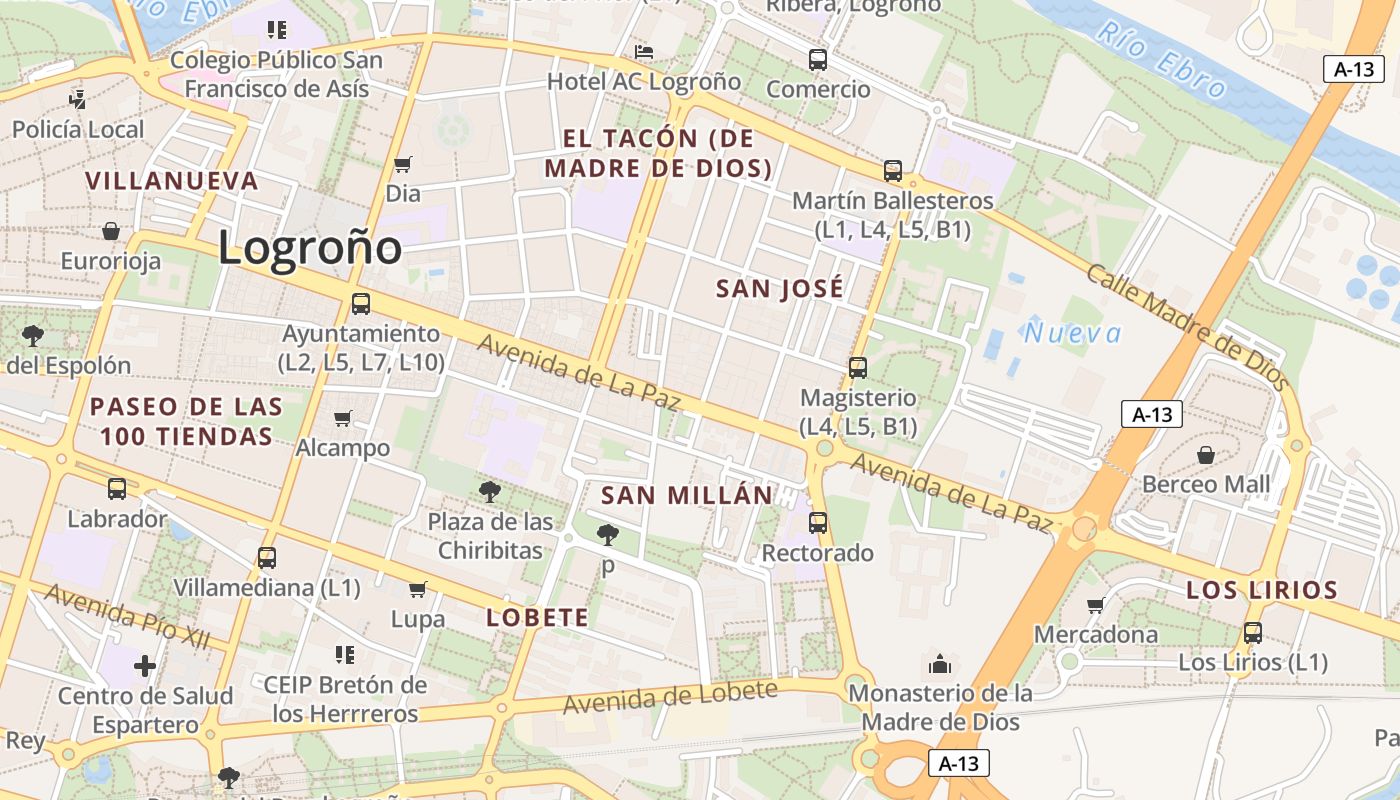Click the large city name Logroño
(x=310, y=248)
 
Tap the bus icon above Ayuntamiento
(x=361, y=304)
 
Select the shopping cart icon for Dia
(x=403, y=164)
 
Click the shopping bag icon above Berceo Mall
(x=1206, y=455)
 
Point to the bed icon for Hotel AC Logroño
(x=644, y=52)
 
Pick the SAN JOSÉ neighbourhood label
(x=780, y=289)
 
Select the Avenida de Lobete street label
(x=669, y=697)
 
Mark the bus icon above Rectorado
(x=818, y=522)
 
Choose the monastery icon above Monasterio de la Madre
(x=940, y=663)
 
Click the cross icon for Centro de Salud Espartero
(x=145, y=665)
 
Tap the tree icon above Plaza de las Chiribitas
(x=490, y=491)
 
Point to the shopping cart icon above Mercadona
(x=1096, y=605)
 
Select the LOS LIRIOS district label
(x=1261, y=590)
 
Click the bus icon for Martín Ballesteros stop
(x=893, y=171)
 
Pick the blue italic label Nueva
(x=1072, y=333)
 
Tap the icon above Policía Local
(x=78, y=99)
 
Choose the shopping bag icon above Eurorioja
(x=111, y=231)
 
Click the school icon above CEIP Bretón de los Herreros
(x=345, y=655)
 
